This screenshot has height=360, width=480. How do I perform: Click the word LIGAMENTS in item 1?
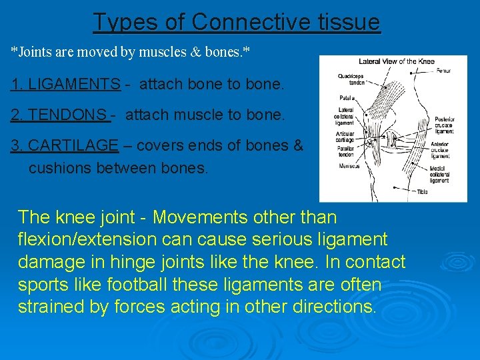coord(65,85)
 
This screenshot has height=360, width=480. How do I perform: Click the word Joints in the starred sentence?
coord(33,51)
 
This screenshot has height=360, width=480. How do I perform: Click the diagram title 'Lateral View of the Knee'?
coord(396,61)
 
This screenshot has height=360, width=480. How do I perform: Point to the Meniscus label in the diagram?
coord(349,166)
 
